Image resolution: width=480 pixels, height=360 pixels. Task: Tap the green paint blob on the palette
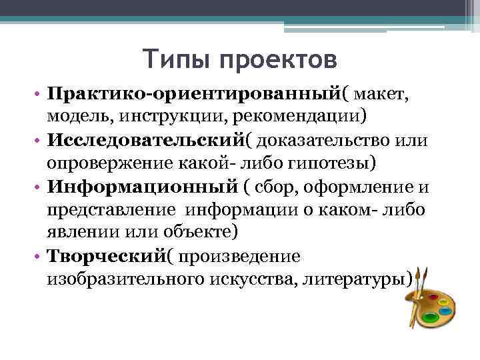point(431,318)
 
